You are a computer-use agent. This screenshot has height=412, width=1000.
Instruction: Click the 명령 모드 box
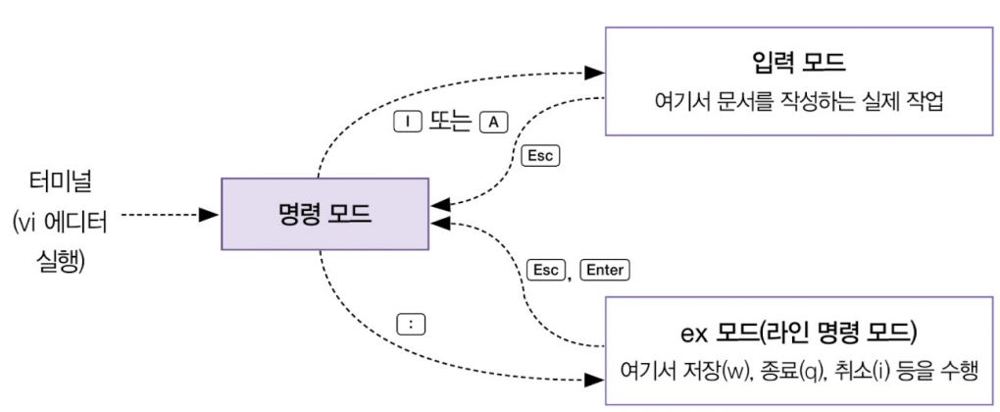325,213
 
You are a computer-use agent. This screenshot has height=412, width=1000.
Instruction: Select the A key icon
493,120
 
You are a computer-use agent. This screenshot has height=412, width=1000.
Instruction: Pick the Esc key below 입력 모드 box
541,155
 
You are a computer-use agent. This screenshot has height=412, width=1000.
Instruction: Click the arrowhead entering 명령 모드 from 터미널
209,214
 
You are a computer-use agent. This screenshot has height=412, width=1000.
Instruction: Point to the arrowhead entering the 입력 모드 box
594,72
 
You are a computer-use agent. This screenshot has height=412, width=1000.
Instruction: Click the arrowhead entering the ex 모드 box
594,379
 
